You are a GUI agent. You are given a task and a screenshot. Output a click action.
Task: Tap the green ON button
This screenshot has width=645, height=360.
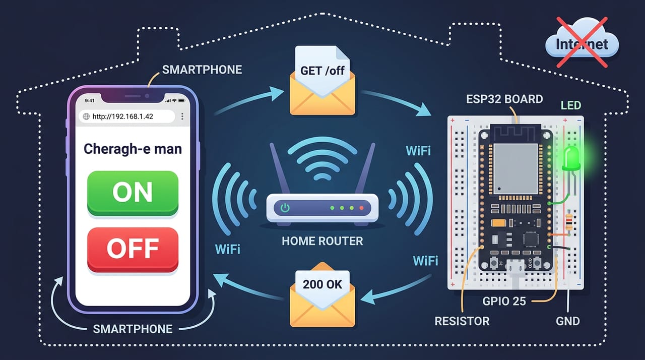point(133,193)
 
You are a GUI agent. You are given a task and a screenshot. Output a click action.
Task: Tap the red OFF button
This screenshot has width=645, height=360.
point(133,250)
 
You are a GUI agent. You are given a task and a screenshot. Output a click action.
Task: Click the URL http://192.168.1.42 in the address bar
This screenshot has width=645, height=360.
point(122,116)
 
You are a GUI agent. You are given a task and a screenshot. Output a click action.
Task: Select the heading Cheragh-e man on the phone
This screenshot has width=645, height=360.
point(133,149)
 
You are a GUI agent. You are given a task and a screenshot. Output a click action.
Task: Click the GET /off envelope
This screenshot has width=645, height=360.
point(322,81)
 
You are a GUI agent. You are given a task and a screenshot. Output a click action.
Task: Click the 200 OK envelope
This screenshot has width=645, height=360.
point(322,295)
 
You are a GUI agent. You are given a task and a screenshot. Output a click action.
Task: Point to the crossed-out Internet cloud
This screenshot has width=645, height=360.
point(582,43)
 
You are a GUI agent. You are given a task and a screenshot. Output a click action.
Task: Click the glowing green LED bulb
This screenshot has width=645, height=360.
point(571,158)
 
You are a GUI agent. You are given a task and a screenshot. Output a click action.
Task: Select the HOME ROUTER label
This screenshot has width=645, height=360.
point(322,241)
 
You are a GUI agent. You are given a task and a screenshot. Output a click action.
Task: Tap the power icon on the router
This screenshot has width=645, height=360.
point(285,208)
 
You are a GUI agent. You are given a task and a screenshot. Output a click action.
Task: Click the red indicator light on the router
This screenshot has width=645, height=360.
point(361,208)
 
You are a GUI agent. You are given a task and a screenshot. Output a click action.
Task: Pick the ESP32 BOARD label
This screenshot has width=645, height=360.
point(504,99)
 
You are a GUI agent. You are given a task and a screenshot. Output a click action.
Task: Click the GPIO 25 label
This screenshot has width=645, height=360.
point(504,301)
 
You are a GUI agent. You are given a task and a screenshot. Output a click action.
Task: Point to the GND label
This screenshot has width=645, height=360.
point(567,321)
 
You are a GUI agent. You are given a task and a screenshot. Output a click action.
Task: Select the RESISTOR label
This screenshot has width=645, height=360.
point(462,321)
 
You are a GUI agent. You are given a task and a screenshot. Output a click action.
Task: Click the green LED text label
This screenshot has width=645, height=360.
point(571,105)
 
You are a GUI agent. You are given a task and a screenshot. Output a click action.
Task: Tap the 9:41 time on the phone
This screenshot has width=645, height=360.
point(90,100)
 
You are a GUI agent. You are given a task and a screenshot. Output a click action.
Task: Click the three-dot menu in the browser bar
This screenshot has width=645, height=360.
point(182,116)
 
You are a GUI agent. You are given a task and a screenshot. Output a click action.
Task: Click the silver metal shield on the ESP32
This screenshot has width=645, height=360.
point(515,169)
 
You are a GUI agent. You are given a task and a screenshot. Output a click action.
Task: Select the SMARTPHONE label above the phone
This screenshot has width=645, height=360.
point(202,70)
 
